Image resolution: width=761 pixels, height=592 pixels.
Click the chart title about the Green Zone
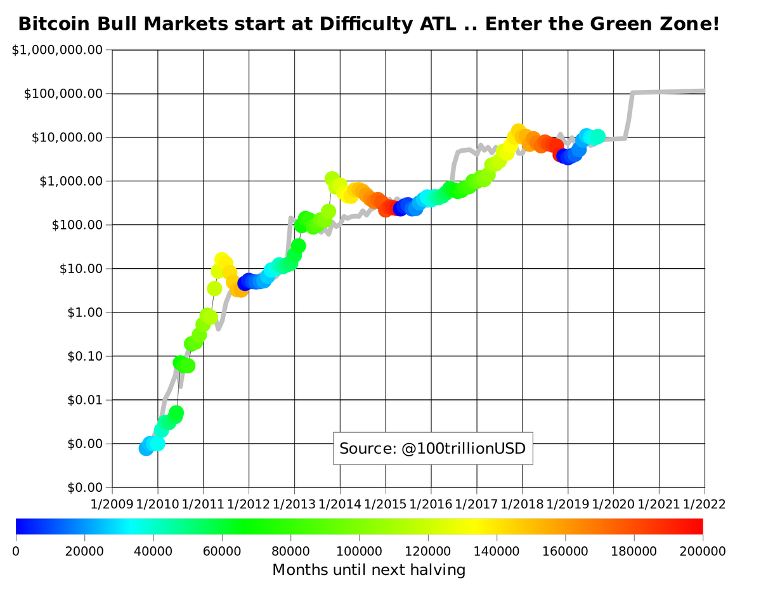tap(368, 25)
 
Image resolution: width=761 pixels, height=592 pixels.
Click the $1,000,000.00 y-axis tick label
tap(58, 50)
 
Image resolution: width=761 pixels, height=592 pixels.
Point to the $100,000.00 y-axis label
tap(63, 94)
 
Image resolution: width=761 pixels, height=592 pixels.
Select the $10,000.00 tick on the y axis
tap(67, 138)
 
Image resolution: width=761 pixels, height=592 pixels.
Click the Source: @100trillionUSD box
tap(433, 449)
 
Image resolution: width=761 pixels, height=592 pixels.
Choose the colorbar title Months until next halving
tap(368, 570)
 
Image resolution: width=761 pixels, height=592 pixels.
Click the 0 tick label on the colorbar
tap(16, 551)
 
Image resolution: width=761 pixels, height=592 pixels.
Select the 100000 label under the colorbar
tap(360, 551)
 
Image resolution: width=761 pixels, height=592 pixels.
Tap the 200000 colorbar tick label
tap(703, 551)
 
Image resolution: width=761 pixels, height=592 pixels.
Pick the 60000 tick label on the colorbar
tap(222, 551)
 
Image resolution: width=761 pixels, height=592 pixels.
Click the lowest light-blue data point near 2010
tap(146, 449)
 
